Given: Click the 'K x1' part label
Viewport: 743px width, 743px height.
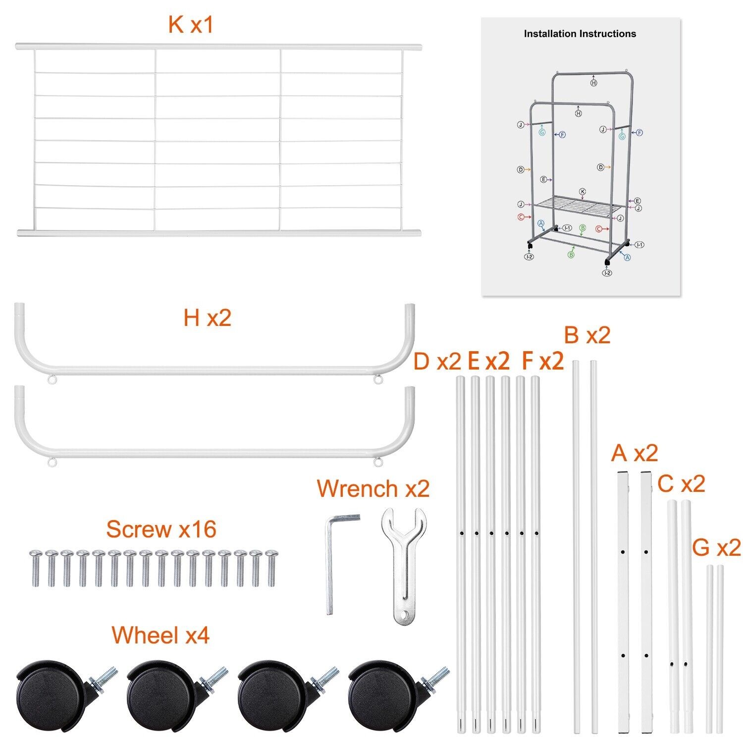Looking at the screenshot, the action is [x=191, y=25].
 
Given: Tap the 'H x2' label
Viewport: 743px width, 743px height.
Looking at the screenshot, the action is [x=207, y=318].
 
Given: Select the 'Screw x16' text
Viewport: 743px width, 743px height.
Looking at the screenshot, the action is [x=161, y=529].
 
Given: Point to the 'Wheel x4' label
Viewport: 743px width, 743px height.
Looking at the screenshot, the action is [x=160, y=635].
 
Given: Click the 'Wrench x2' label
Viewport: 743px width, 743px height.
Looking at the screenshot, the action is [x=373, y=488].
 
